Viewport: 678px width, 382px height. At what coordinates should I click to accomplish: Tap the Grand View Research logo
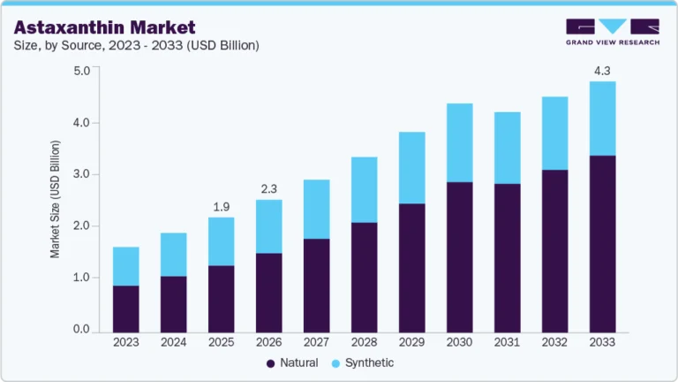coord(612,32)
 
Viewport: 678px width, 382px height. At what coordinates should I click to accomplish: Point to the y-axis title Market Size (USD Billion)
coord(56,199)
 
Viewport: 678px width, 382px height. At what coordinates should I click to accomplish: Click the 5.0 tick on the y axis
coord(81,71)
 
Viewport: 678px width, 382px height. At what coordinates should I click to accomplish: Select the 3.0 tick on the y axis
coord(81,174)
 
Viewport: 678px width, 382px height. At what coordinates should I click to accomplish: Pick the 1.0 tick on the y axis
coord(81,278)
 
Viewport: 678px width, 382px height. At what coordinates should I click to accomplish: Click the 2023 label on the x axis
coord(125,341)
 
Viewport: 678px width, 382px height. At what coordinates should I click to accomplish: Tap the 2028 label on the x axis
coord(364,341)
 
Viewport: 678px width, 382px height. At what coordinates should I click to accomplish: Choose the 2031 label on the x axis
coord(507,341)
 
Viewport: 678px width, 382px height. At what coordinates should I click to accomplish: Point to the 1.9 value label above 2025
coord(221,207)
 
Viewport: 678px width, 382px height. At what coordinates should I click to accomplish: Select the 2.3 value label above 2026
coord(268,188)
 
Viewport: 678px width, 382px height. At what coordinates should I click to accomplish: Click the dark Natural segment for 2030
coord(459,256)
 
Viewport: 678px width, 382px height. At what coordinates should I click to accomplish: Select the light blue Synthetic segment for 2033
coord(602,118)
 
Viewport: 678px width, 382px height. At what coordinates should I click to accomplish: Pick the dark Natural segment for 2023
coord(125,308)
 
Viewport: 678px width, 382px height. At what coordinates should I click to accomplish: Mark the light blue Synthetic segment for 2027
coord(316,209)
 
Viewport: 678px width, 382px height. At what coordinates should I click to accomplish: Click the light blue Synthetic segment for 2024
coord(173,255)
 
